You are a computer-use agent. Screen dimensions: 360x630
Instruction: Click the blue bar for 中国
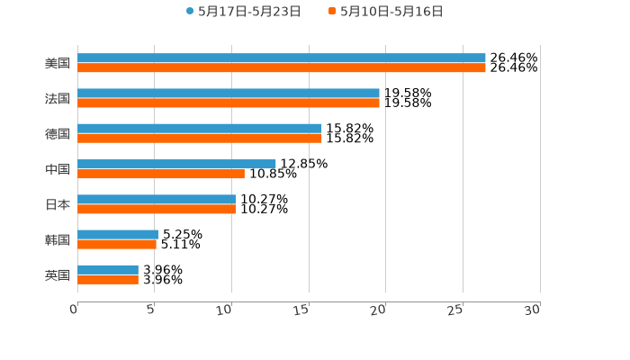point(176,164)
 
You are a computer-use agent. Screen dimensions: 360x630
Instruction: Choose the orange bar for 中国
point(161,174)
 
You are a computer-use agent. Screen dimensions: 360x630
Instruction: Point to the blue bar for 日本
point(157,199)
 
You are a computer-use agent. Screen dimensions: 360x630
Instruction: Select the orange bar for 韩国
point(117,244)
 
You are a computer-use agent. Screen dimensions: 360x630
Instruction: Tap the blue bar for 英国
point(108,269)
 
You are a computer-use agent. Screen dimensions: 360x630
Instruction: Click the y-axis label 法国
point(58,98)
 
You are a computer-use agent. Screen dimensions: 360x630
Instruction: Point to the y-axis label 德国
point(58,133)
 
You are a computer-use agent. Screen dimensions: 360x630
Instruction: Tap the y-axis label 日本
point(58,204)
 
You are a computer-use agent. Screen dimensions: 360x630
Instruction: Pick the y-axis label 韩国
point(58,239)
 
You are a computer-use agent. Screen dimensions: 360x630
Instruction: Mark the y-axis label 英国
point(58,274)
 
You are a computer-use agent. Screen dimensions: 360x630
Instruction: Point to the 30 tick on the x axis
point(532,309)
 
